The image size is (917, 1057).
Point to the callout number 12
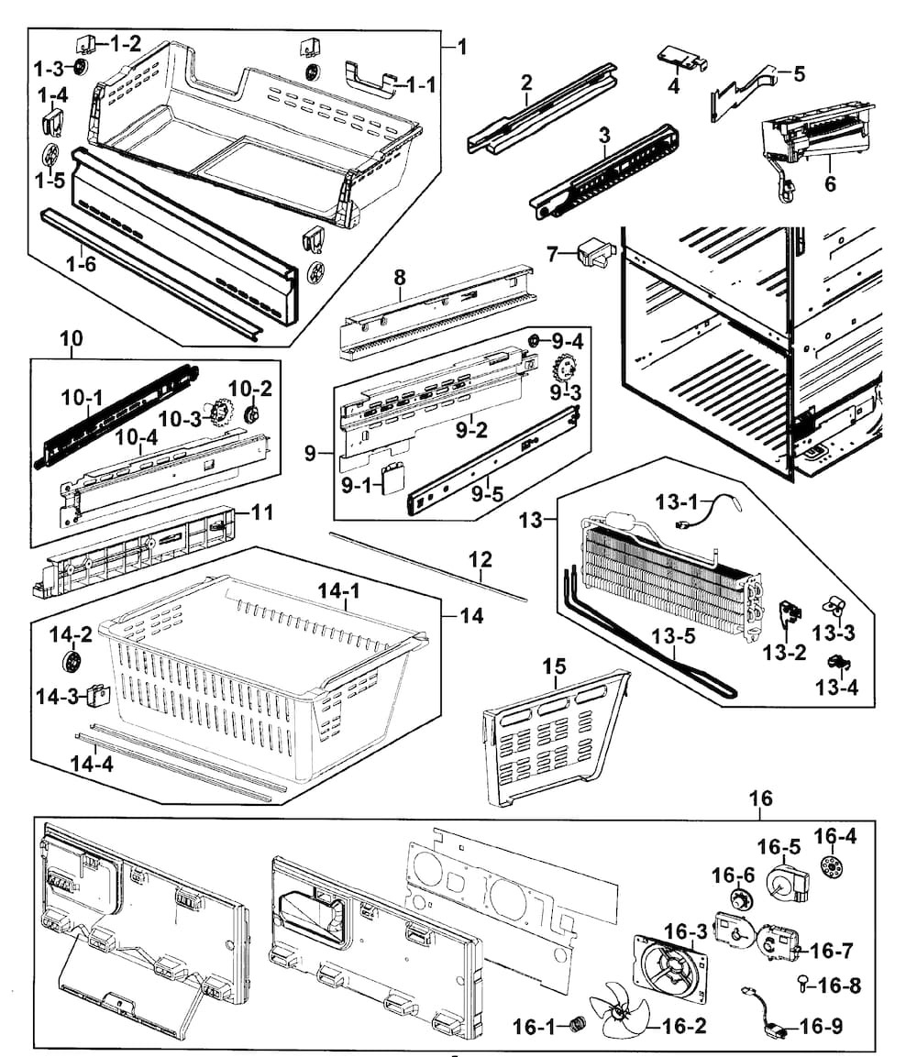point(480,559)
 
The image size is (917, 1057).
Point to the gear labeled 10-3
point(219,413)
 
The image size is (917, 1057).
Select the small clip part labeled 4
point(681,60)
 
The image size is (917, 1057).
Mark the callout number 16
point(760,798)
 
